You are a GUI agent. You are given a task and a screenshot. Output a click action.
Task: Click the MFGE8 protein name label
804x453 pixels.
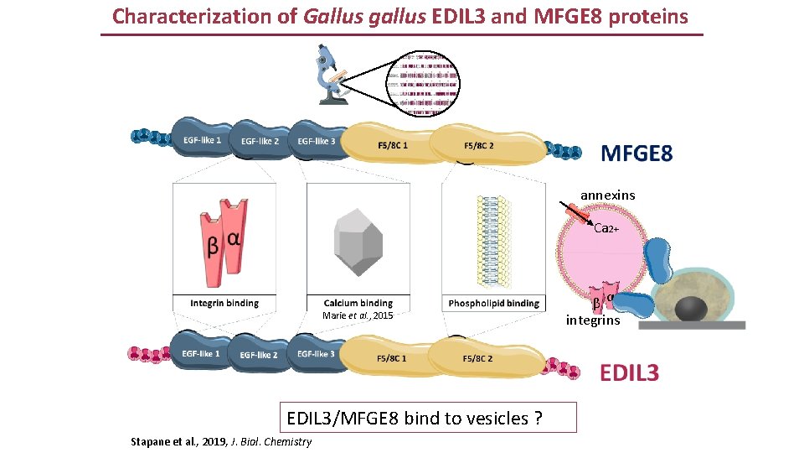(636, 153)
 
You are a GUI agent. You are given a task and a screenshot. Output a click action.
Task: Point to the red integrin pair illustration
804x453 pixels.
(223, 237)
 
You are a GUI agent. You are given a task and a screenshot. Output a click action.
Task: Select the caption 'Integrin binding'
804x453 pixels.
(224, 303)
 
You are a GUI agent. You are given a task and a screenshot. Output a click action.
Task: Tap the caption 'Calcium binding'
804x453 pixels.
(358, 303)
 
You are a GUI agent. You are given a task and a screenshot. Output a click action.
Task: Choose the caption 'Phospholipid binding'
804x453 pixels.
(493, 303)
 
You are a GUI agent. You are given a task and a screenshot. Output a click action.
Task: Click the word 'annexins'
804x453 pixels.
(608, 195)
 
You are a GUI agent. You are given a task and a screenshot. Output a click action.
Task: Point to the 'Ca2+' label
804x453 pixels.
(606, 227)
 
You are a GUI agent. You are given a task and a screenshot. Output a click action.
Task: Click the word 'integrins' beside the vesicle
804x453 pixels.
(593, 320)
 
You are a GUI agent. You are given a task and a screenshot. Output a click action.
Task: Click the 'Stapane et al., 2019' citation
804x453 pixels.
(221, 441)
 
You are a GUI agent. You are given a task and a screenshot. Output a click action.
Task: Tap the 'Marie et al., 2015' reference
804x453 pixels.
(358, 316)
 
